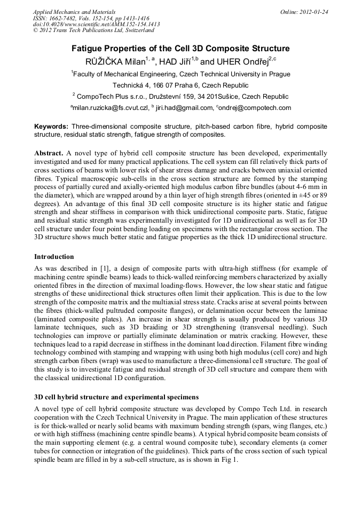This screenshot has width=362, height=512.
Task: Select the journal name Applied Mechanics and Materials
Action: [74, 11]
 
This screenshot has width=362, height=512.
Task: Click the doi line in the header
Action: [96, 24]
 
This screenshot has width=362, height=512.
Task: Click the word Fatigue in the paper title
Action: [90, 49]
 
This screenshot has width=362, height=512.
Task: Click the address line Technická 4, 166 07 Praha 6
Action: [180, 85]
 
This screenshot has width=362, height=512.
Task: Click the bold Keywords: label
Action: [51, 127]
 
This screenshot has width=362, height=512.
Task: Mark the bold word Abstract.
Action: [49, 153]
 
